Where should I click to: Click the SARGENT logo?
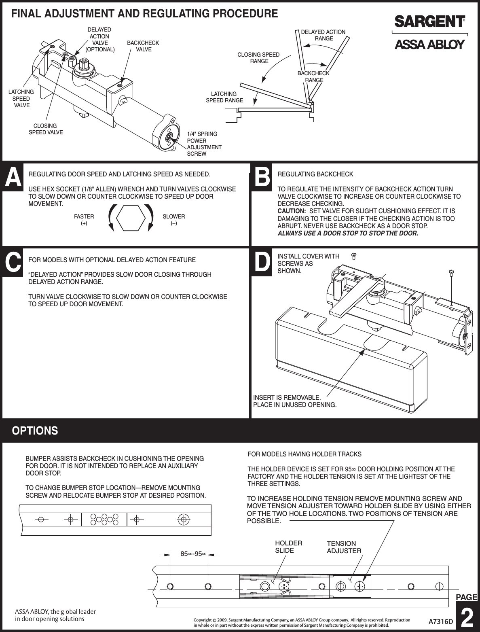[429, 21]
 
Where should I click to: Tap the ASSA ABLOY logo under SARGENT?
[429, 45]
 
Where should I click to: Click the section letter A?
[13, 178]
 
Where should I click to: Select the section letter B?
[262, 178]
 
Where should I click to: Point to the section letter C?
[13, 263]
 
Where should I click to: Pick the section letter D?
[262, 263]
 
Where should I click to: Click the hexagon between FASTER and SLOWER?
[131, 218]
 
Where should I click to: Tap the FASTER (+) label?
[84, 220]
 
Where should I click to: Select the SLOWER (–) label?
[173, 220]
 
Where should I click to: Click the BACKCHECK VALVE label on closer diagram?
[143, 46]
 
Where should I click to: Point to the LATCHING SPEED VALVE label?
[21, 98]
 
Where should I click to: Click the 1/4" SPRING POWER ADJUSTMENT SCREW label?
[204, 144]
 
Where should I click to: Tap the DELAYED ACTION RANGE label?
[324, 35]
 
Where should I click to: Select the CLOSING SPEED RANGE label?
[258, 58]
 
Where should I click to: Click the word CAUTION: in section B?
[291, 211]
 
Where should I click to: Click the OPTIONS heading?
[35, 431]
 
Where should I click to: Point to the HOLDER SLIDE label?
[288, 547]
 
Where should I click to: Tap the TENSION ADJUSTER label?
[344, 547]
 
